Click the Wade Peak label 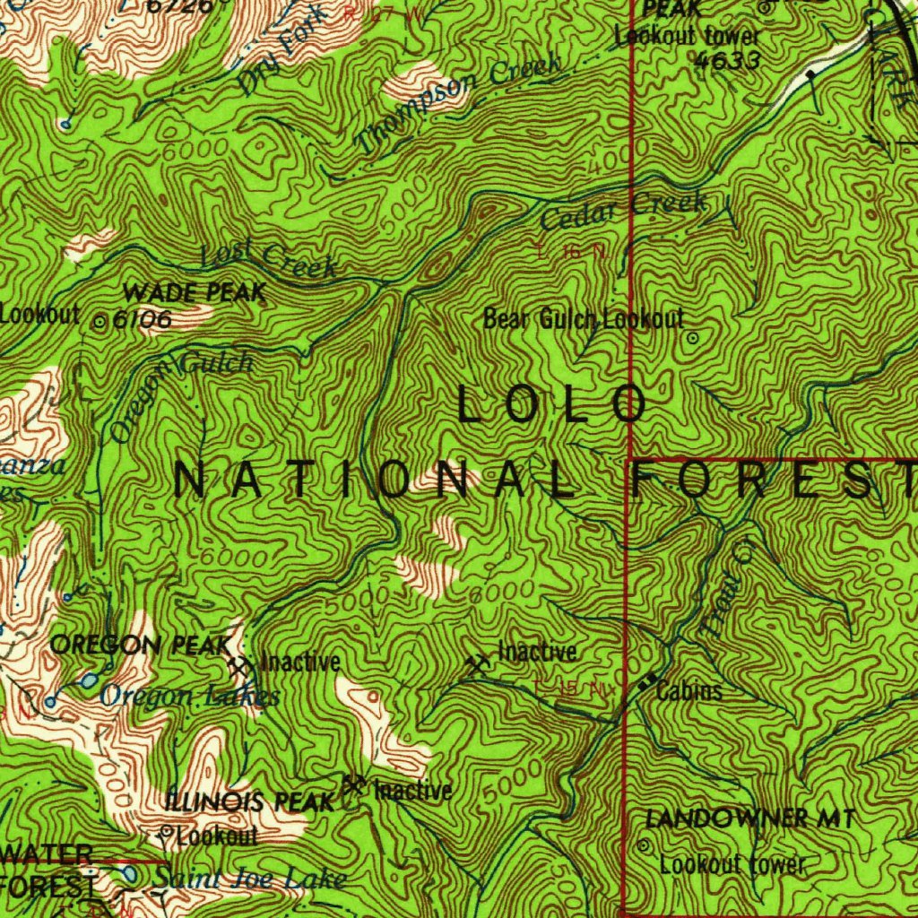point(195,292)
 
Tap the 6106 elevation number point(142,320)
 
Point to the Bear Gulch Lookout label point(584,318)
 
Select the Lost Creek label point(268,259)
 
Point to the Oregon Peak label point(141,645)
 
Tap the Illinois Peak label point(250,802)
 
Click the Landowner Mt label point(750,818)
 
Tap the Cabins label point(688,692)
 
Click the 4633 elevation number point(727,60)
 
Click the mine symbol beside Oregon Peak point(239,665)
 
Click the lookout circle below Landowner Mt point(644,845)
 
